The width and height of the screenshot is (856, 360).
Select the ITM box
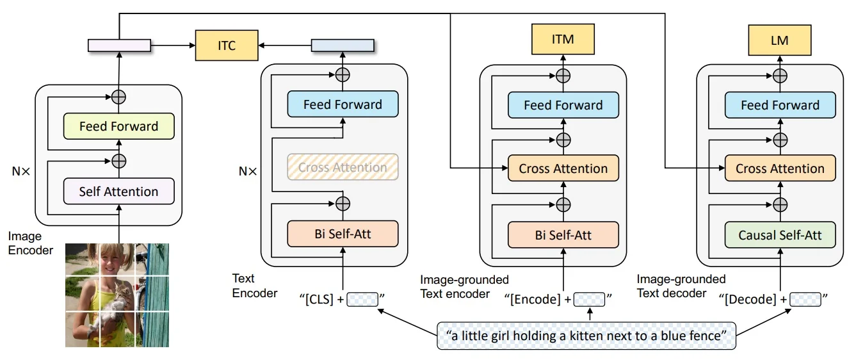click(x=563, y=40)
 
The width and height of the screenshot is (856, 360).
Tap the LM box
click(x=779, y=40)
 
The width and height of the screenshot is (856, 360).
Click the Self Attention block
click(x=118, y=192)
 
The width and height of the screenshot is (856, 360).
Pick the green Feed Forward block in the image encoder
click(x=118, y=126)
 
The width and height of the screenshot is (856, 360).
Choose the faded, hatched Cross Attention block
click(x=343, y=168)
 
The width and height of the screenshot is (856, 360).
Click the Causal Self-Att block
click(x=780, y=235)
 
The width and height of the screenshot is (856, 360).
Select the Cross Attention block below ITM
click(x=563, y=168)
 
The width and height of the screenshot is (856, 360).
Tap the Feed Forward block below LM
click(x=780, y=105)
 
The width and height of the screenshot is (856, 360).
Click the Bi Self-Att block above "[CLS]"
click(x=343, y=234)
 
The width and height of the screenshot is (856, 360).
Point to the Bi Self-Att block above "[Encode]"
click(x=563, y=235)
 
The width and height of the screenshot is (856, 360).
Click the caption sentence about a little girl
click(x=586, y=336)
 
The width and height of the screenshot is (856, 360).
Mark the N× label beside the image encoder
click(x=19, y=171)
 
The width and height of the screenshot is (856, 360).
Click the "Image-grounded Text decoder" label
click(x=681, y=286)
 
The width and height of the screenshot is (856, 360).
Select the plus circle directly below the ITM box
click(x=563, y=76)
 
